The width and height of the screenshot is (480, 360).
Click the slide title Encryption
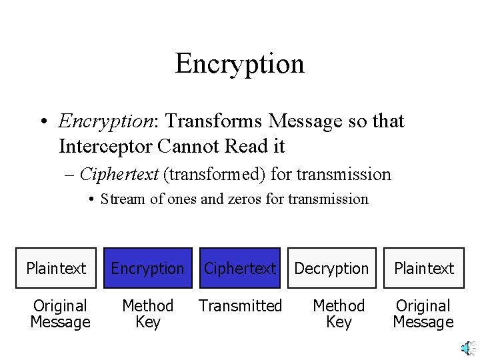coord(239,63)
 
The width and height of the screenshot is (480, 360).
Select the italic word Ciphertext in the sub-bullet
coord(119,175)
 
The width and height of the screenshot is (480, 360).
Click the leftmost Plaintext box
coord(56,268)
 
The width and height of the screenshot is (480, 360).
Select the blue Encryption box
coord(147,268)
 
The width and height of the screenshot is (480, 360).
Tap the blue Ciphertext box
coord(239,268)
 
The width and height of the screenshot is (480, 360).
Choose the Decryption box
coord(331,268)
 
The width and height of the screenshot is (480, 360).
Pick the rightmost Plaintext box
coord(423,268)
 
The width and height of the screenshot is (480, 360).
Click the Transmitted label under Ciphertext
coord(240,306)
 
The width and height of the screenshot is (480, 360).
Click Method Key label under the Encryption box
coord(147,314)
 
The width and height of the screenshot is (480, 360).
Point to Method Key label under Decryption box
coord(339,314)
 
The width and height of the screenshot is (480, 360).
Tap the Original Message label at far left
coord(60,314)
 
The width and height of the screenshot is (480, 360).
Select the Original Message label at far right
coord(423,314)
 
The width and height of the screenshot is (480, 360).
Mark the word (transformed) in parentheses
coord(215,175)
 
